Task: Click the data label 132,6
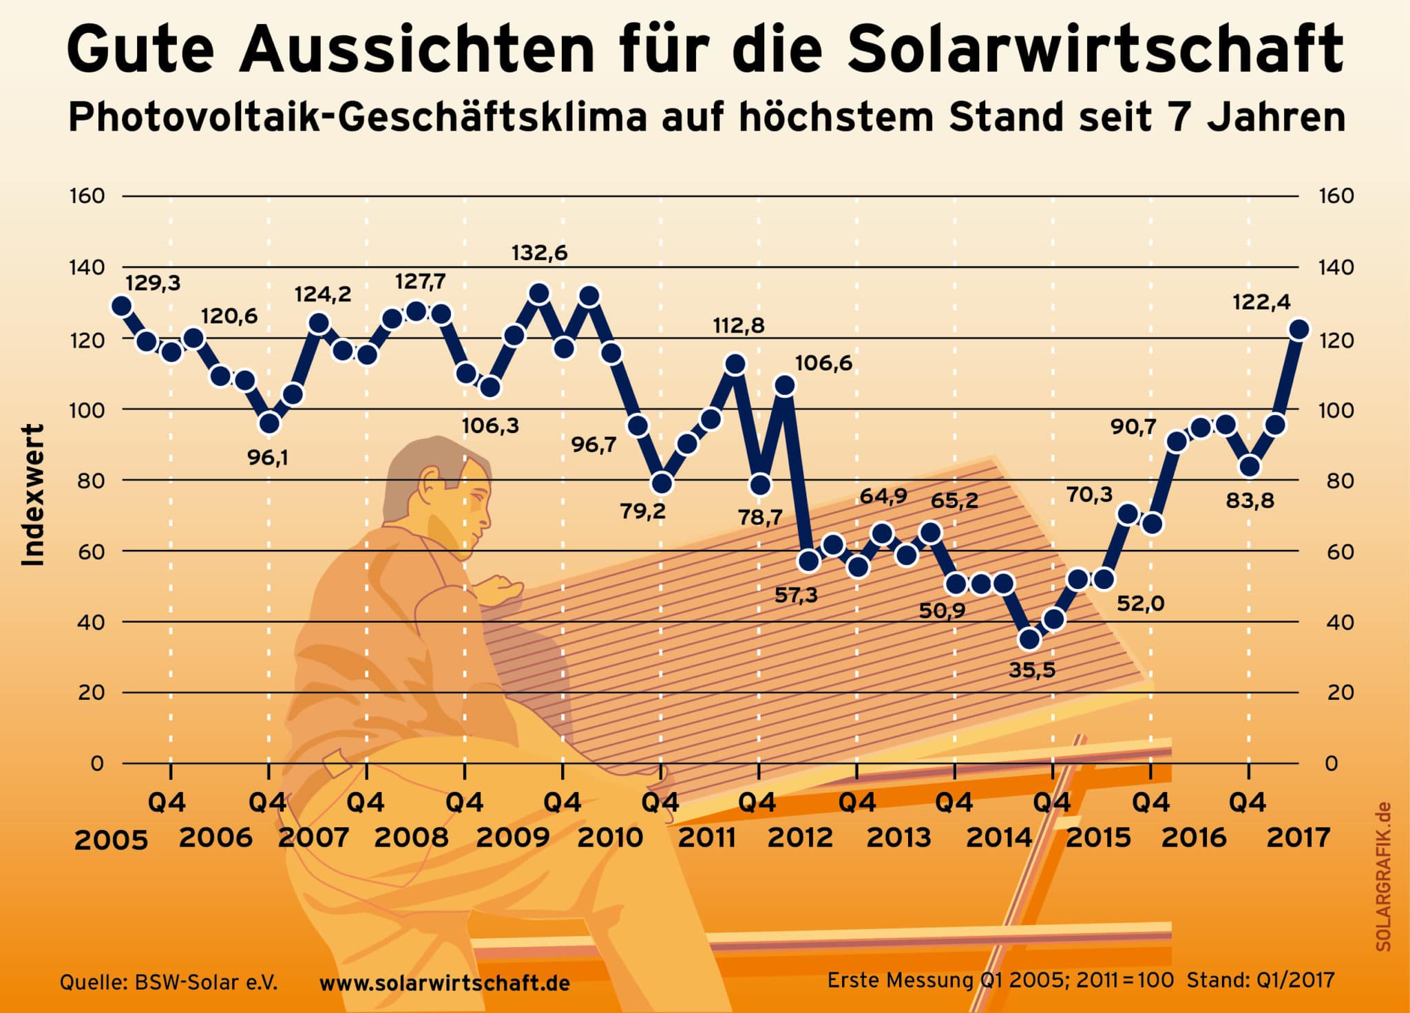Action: [539, 253]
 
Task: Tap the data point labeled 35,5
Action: [1029, 639]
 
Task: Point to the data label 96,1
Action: [268, 457]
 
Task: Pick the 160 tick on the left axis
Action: [87, 196]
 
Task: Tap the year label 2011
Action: [707, 838]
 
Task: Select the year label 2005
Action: [111, 840]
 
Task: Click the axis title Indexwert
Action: [33, 495]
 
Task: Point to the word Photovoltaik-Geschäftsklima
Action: [358, 118]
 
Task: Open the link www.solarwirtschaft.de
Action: [445, 983]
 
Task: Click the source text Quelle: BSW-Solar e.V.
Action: [169, 982]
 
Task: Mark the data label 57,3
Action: [796, 595]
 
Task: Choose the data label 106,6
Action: [823, 363]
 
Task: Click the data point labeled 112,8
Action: [735, 364]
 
